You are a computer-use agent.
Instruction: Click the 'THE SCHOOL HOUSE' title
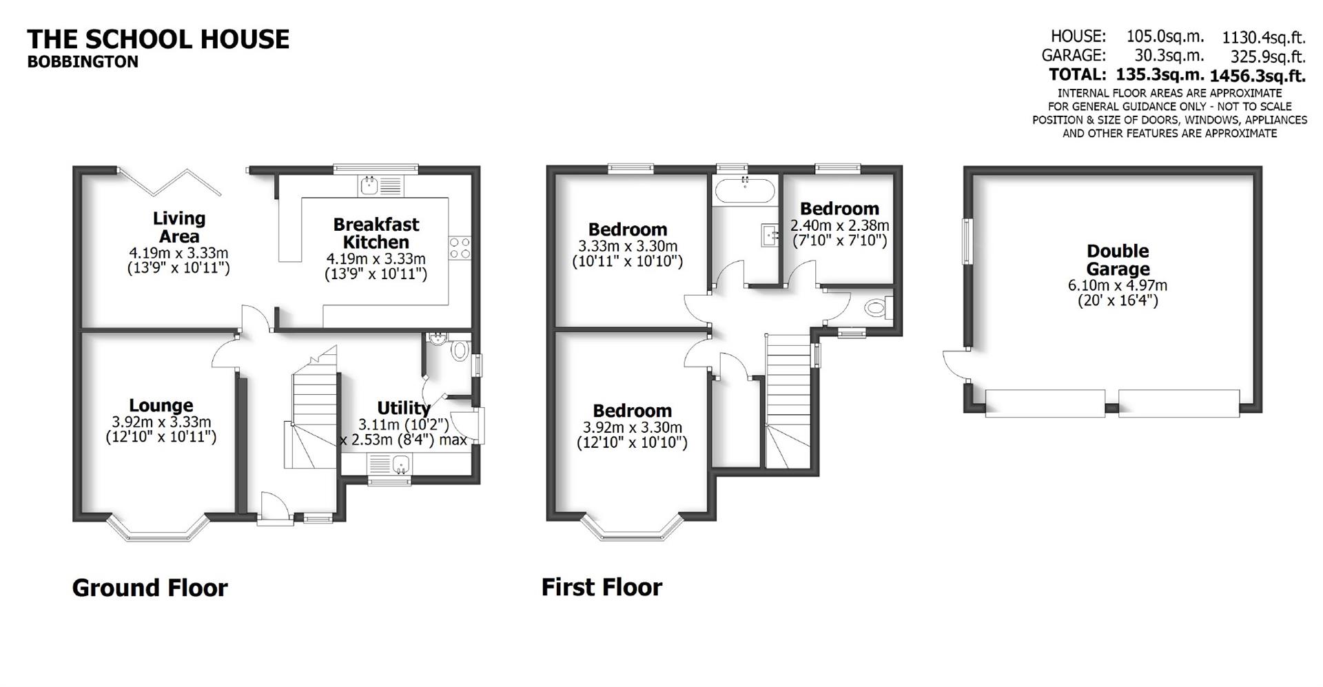pyautogui.click(x=158, y=39)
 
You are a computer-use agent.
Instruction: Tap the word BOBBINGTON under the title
pyautogui.click(x=83, y=62)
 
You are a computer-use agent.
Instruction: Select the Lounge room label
pyautogui.click(x=161, y=405)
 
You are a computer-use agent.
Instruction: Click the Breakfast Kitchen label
pyautogui.click(x=376, y=233)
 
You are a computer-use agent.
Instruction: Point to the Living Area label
pyautogui.click(x=178, y=227)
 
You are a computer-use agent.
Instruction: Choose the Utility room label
pyautogui.click(x=403, y=408)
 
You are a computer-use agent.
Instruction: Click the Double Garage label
pyautogui.click(x=1118, y=260)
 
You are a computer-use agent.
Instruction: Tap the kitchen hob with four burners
pyautogui.click(x=460, y=247)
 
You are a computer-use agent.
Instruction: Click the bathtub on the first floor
pyautogui.click(x=745, y=188)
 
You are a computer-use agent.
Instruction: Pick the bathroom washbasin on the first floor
pyautogui.click(x=770, y=234)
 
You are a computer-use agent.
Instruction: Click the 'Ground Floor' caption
pyautogui.click(x=150, y=588)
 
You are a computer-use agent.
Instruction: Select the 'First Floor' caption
pyautogui.click(x=602, y=587)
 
